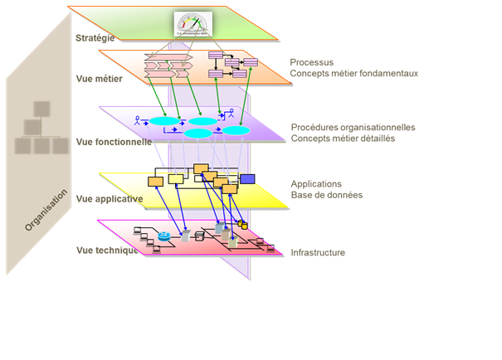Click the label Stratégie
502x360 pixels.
(x=95, y=38)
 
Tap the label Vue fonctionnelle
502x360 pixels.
(x=114, y=142)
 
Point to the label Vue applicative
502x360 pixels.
(x=109, y=199)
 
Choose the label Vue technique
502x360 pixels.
(x=106, y=251)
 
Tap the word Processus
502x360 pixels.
(x=311, y=62)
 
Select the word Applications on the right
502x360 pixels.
(x=316, y=184)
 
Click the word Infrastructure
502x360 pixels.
(x=318, y=252)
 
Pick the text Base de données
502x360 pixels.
(x=326, y=196)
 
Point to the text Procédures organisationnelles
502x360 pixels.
(x=353, y=128)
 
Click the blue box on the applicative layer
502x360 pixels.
(x=247, y=178)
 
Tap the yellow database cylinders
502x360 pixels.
(x=243, y=224)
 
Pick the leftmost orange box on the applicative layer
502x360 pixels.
(x=155, y=181)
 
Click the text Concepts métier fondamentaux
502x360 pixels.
(x=354, y=73)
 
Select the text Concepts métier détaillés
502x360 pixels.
(x=343, y=139)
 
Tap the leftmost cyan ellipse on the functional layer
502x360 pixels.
(x=163, y=122)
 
